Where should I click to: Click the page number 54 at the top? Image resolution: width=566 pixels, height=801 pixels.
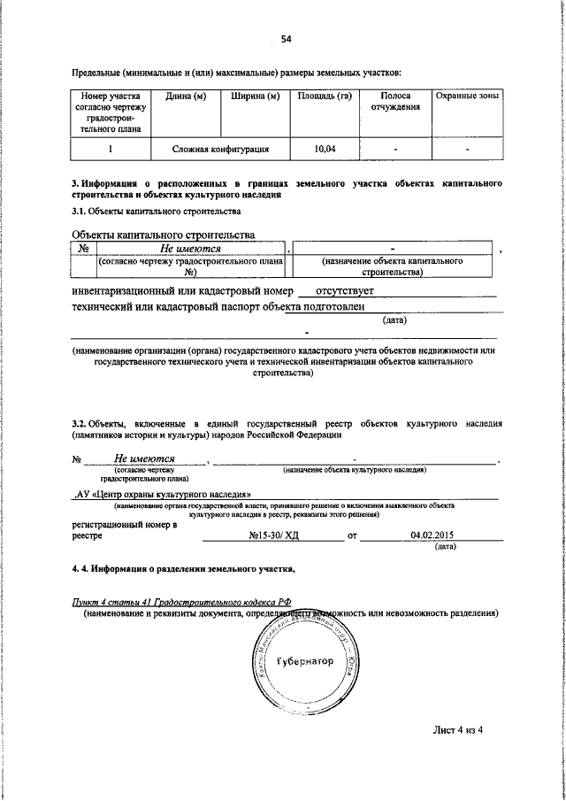click(286, 38)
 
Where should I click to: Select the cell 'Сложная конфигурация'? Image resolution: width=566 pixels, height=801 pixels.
click(221, 150)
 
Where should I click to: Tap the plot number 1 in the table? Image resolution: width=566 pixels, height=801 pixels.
click(110, 150)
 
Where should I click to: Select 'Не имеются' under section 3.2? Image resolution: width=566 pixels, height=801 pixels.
click(146, 458)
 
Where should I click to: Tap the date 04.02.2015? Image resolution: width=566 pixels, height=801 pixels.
click(432, 535)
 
